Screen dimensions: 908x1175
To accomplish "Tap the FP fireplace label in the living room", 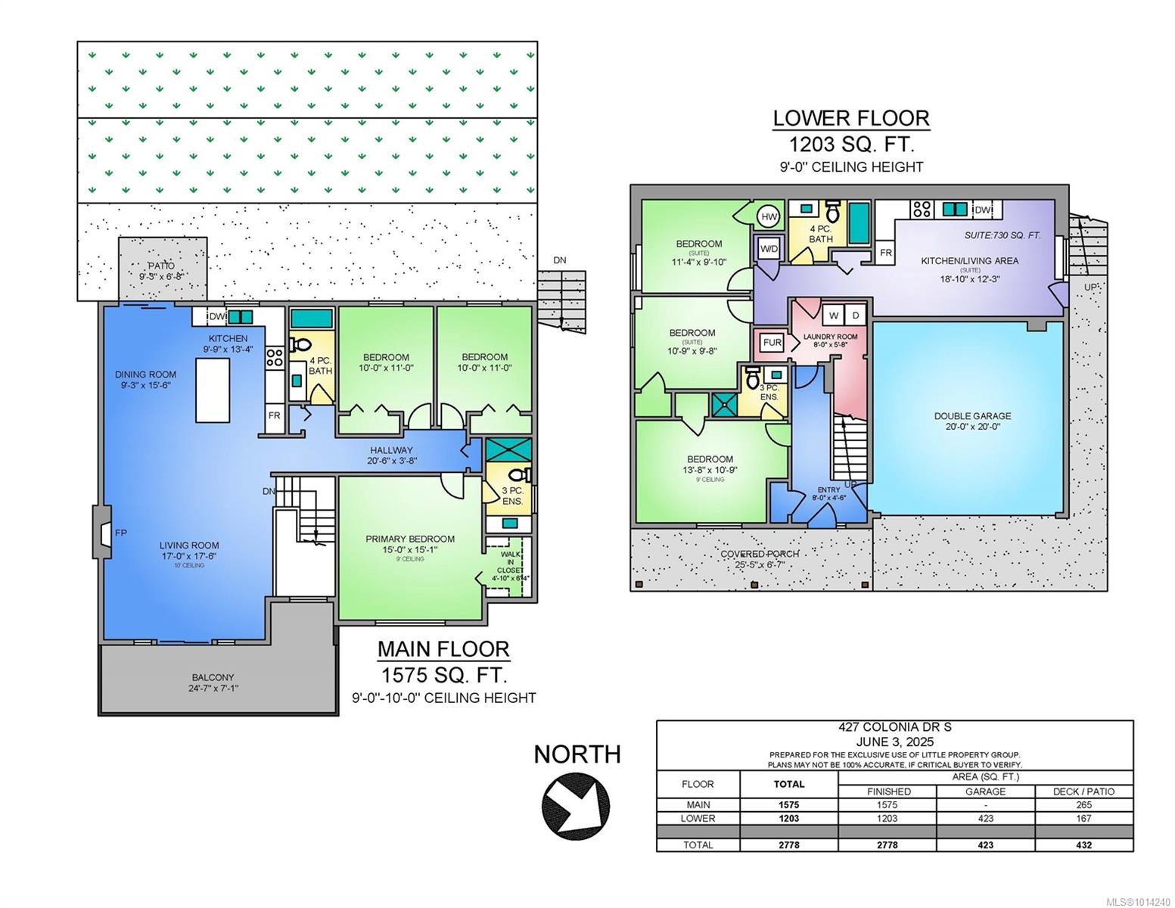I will click(x=121, y=533).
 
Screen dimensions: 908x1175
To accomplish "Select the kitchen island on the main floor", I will click(x=213, y=390).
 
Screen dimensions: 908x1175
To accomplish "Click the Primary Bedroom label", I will click(x=410, y=539).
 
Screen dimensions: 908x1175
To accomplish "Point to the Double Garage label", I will click(x=972, y=416).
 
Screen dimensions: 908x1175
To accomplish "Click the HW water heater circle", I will click(x=769, y=217).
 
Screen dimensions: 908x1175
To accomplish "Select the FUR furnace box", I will click(x=772, y=343).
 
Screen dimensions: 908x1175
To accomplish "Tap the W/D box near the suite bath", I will click(x=769, y=248).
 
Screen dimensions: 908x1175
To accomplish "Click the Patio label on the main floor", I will click(x=161, y=266).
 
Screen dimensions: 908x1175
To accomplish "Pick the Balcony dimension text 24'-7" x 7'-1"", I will click(x=213, y=689).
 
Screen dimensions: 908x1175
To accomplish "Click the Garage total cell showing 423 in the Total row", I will click(x=985, y=844).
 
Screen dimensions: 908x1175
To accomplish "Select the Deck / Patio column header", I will click(x=1083, y=791).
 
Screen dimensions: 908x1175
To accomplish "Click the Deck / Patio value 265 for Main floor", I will click(x=1083, y=805).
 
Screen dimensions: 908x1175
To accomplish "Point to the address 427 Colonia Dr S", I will click(x=894, y=727).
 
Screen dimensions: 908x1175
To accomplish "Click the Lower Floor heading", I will click(x=851, y=118).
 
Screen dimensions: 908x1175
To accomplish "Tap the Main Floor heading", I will click(x=443, y=649).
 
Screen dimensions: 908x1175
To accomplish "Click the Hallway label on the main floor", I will click(x=391, y=450).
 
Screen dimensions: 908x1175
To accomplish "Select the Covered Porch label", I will click(x=759, y=554).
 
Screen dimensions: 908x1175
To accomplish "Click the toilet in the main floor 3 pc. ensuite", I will click(x=519, y=476).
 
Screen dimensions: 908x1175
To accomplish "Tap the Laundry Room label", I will click(x=830, y=337).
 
